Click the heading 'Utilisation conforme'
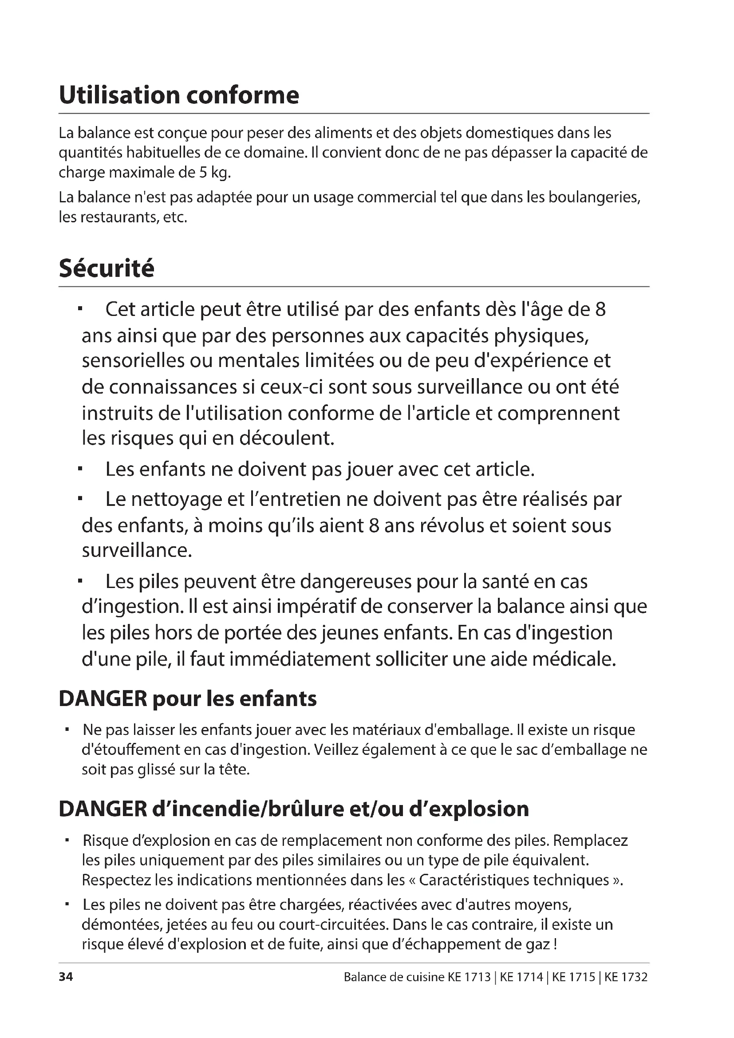pos(179,95)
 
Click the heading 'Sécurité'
pos(107,268)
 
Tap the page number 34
pos(66,977)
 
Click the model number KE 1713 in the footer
pos(469,977)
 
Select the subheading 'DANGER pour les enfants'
pos(188,699)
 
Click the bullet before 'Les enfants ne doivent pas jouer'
pos(80,470)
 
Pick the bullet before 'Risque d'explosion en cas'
pos(67,841)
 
